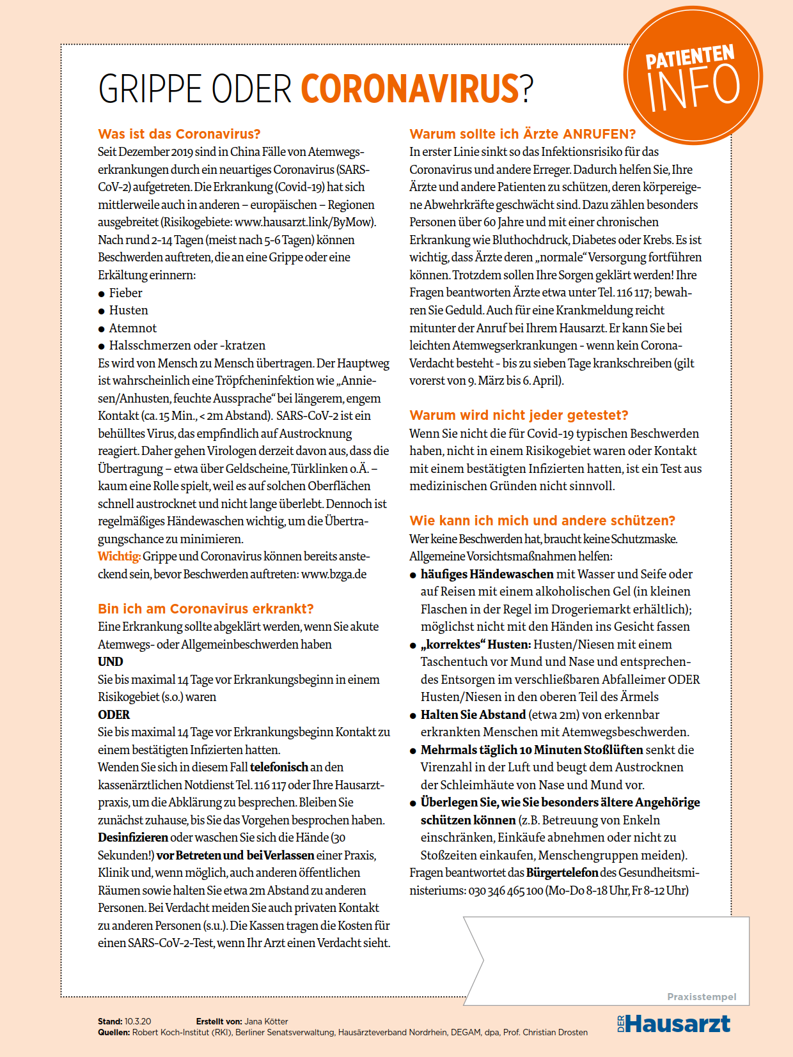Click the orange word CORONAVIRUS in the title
point(410,89)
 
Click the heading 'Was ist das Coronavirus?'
point(179,134)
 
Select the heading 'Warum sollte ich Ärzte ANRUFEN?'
point(522,134)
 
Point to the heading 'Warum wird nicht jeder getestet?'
point(519,415)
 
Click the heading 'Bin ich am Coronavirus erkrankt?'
point(206,608)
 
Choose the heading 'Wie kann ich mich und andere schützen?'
point(542,521)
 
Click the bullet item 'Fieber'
point(125,293)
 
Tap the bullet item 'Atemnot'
point(132,328)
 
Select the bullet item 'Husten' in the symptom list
point(129,311)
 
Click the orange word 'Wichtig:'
point(119,557)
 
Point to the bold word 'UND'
point(111,662)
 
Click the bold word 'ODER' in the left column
point(114,715)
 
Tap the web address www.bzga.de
point(334,575)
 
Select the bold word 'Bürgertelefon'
point(561,873)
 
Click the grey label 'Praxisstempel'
point(702,997)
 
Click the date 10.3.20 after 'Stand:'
point(137,1022)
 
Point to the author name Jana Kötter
point(266,1022)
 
